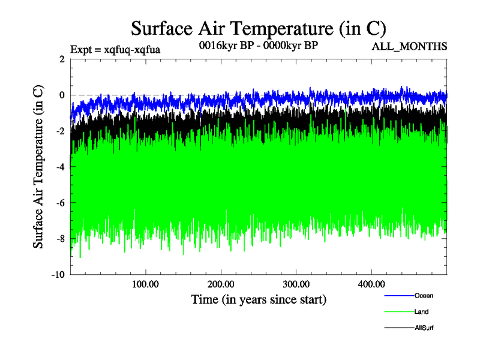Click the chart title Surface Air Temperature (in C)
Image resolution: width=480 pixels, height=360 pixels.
tap(258, 28)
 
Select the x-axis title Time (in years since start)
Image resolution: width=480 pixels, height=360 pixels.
tap(258, 298)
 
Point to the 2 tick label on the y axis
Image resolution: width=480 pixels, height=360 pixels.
tap(61, 59)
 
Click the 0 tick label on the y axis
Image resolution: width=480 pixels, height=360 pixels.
tap(61, 95)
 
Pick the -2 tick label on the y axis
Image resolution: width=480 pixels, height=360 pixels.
tap(59, 131)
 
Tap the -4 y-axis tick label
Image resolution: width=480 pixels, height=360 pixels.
tap(59, 167)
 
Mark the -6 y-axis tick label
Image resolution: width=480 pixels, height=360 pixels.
tap(59, 203)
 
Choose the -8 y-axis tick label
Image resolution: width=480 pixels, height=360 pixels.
tap(59, 239)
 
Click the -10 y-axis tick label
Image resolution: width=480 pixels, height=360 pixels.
tap(57, 275)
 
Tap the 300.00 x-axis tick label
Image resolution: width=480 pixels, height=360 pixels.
tap(296, 283)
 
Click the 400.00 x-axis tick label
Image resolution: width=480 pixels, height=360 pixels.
tap(371, 283)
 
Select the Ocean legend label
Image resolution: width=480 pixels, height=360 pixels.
tap(423, 295)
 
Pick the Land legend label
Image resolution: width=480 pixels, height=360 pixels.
tap(421, 311)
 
